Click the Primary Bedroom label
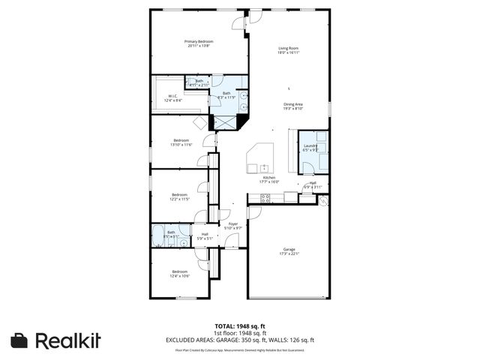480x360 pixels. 200,41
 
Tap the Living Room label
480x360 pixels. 289,48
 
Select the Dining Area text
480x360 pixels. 292,104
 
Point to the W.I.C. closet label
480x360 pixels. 172,96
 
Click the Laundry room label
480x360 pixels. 310,145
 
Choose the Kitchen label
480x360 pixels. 269,177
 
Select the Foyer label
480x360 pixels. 233,223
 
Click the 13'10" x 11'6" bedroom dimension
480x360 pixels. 181,144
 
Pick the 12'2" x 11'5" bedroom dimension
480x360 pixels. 180,199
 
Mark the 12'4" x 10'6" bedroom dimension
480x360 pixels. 180,275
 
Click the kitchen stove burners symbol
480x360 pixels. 265,198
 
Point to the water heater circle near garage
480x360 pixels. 324,201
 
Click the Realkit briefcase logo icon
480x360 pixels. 19,340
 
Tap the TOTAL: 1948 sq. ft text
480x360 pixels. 239,326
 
